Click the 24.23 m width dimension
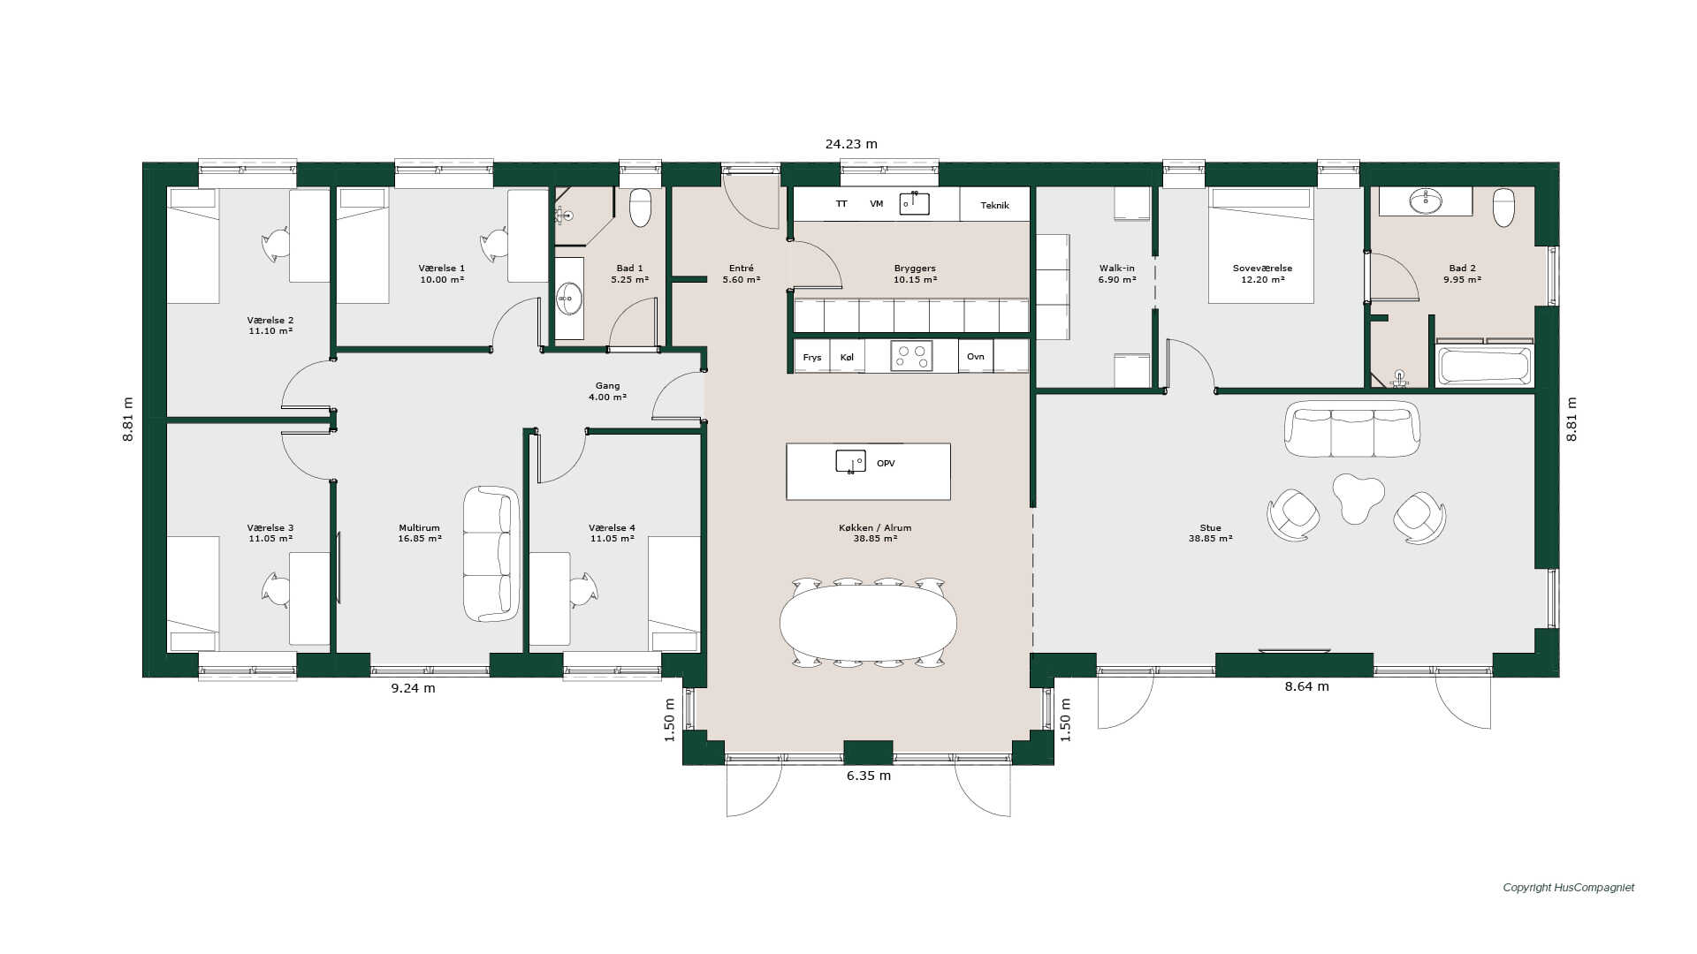point(851,144)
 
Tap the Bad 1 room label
point(629,274)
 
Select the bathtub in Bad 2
point(1485,365)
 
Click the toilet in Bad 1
point(640,208)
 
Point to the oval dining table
point(868,622)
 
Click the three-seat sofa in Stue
point(1352,429)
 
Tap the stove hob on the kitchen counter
point(911,356)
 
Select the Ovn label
point(975,357)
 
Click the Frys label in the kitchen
point(812,358)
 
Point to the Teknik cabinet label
point(994,205)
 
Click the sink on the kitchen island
point(850,461)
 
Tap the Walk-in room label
point(1117,274)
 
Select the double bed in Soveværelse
point(1261,246)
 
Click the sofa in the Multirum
point(491,554)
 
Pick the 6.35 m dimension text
point(869,776)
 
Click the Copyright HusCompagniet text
point(1569,888)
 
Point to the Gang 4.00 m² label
point(607,391)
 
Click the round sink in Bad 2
point(1425,202)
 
